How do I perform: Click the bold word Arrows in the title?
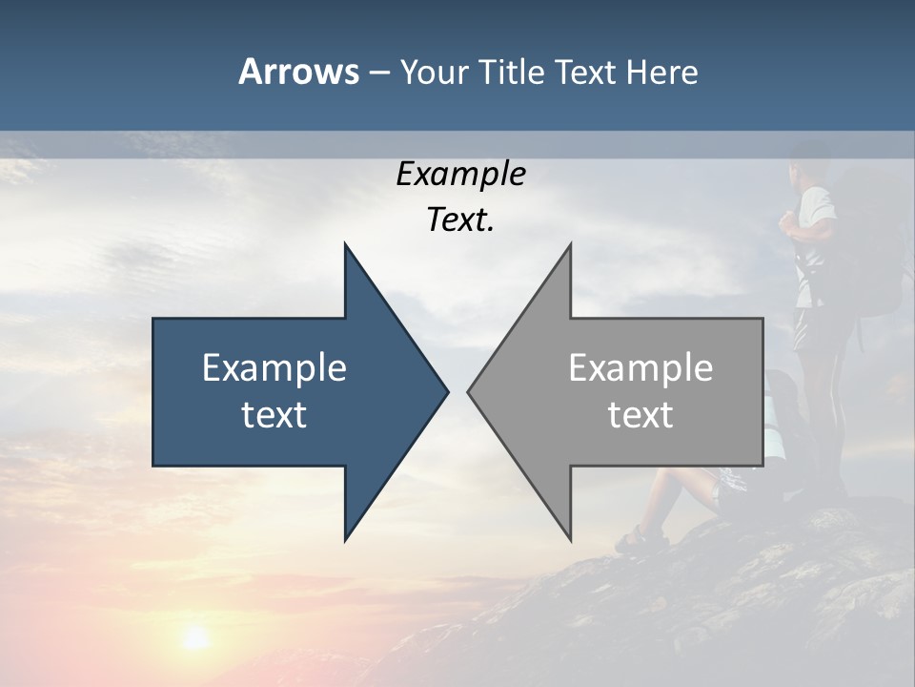tap(298, 72)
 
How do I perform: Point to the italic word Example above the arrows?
tap(460, 175)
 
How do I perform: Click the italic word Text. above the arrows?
tap(460, 220)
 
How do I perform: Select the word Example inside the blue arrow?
tap(274, 367)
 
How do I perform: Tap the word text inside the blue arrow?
tap(274, 415)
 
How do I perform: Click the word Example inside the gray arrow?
tap(640, 367)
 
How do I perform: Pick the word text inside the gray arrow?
tap(640, 415)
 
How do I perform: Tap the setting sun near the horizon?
tap(194, 636)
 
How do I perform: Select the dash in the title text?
tap(378, 73)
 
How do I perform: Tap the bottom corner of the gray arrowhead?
tap(570, 538)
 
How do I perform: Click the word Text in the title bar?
tap(585, 73)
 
